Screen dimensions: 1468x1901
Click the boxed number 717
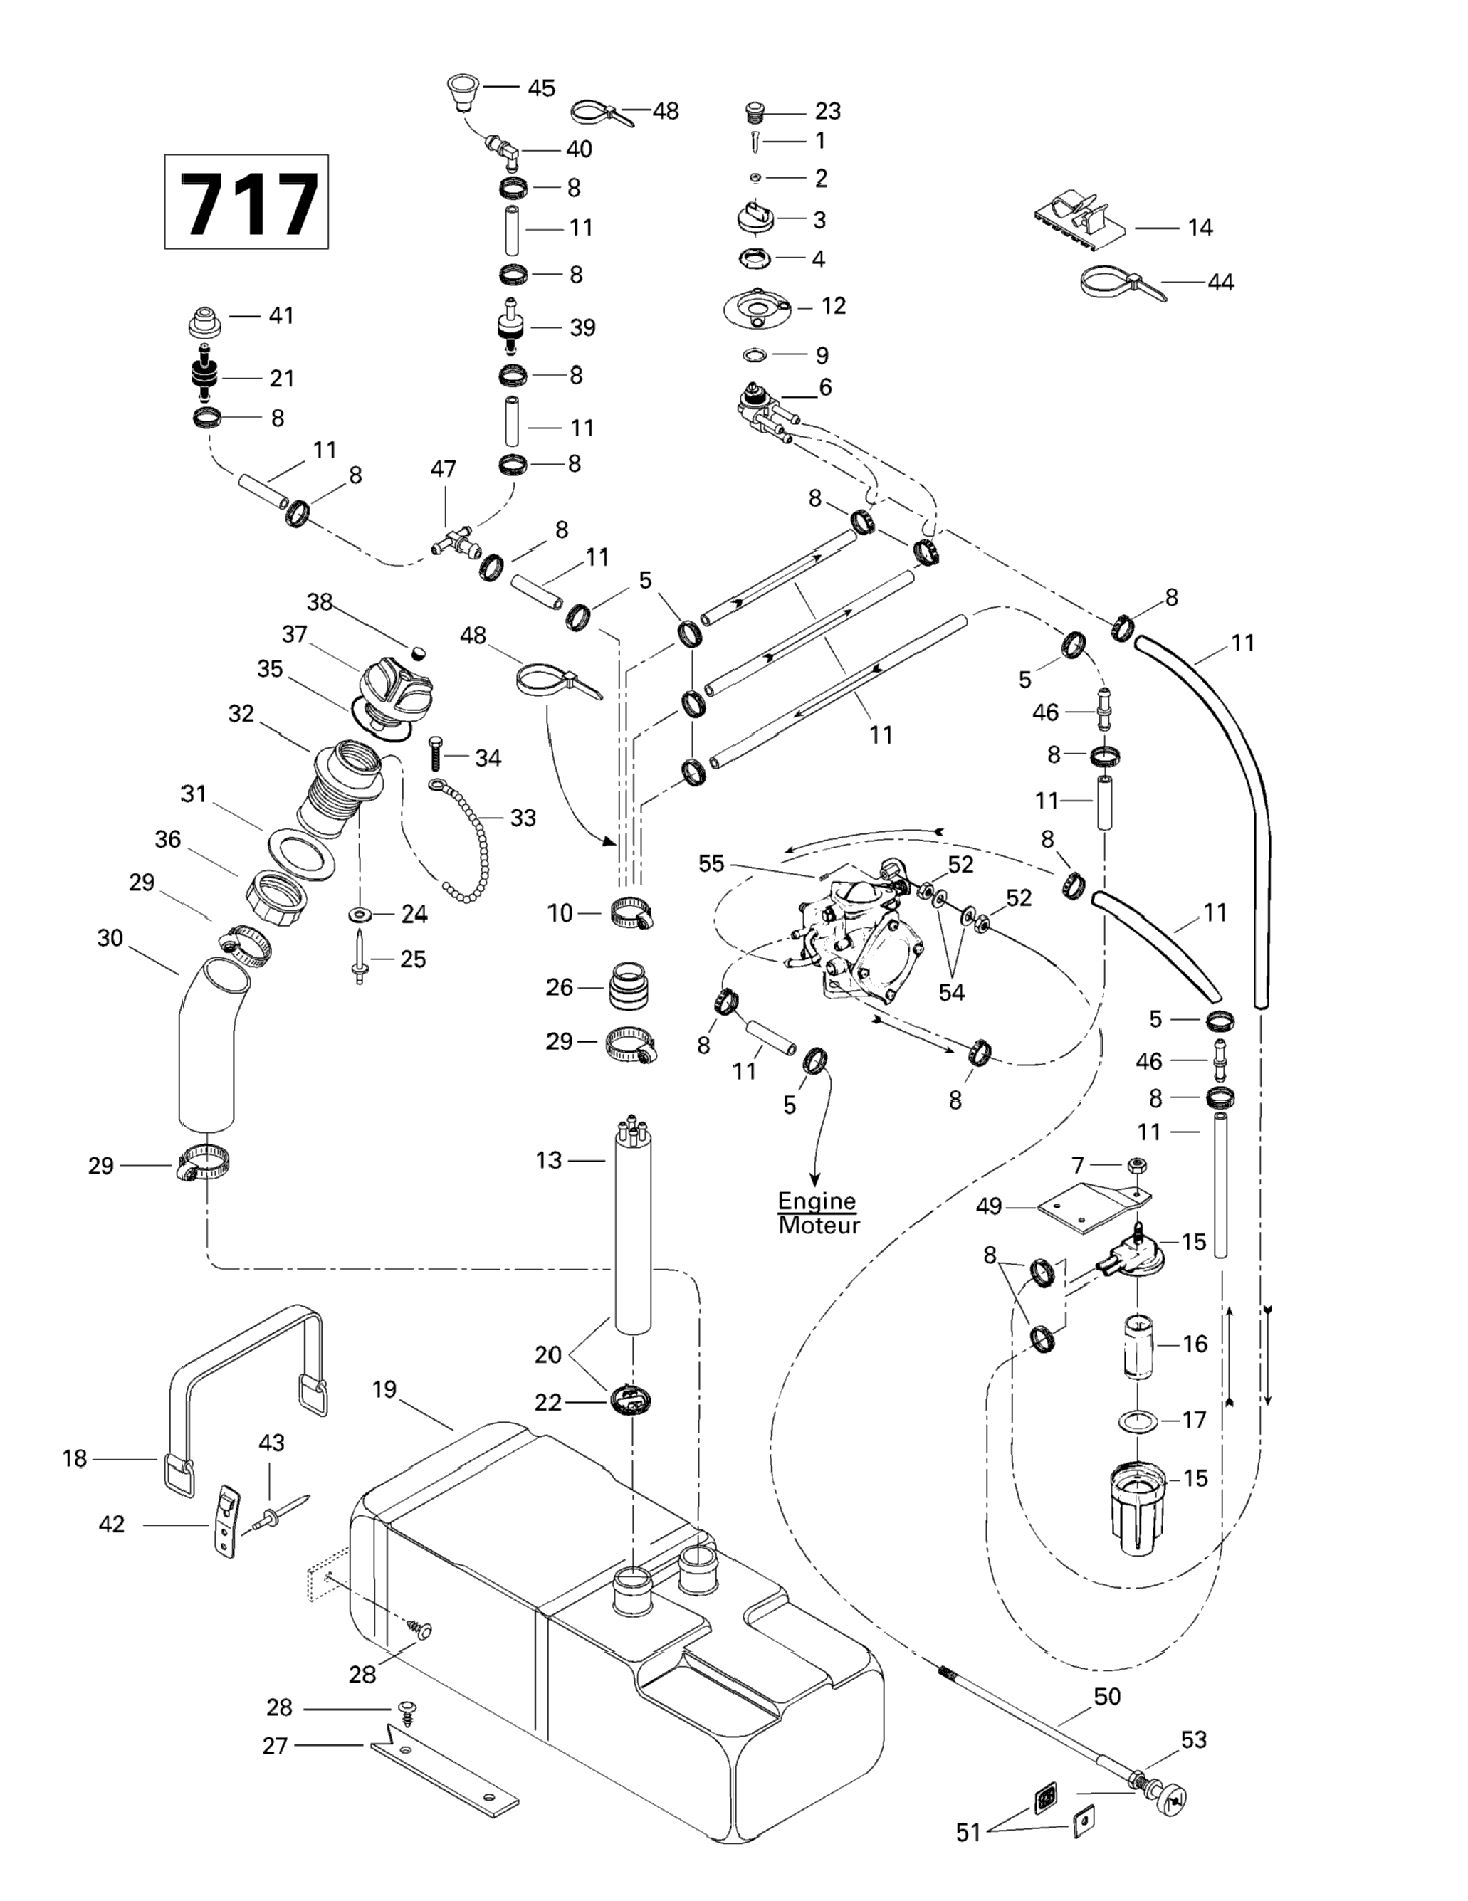click(247, 203)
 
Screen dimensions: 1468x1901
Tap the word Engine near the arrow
click(817, 1201)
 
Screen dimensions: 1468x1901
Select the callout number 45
click(542, 88)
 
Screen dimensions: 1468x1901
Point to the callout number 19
click(385, 1389)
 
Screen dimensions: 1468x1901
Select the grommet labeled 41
click(207, 322)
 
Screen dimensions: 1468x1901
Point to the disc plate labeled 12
click(761, 309)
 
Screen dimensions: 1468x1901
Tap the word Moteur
click(819, 1226)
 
